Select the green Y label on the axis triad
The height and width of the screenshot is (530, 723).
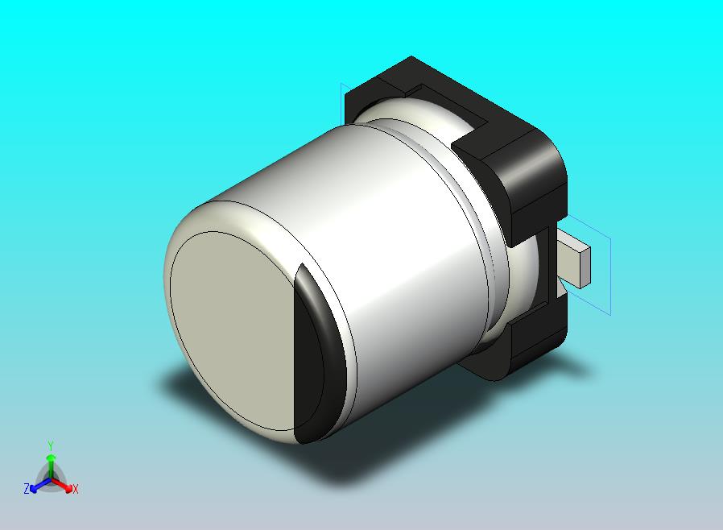pos(51,445)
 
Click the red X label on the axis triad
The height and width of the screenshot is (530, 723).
pos(75,489)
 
